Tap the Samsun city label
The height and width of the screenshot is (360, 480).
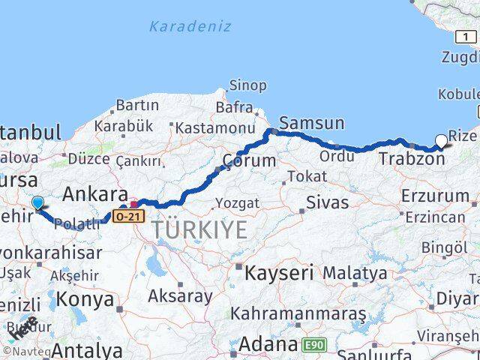pos(311,123)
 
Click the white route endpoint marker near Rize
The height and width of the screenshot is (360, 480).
pos(440,139)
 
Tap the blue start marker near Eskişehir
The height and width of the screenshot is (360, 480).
pos(37,202)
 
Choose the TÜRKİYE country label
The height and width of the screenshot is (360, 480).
pos(199,229)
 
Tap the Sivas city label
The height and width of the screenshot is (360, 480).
pos(324,202)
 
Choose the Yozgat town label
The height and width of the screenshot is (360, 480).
pos(237,202)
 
